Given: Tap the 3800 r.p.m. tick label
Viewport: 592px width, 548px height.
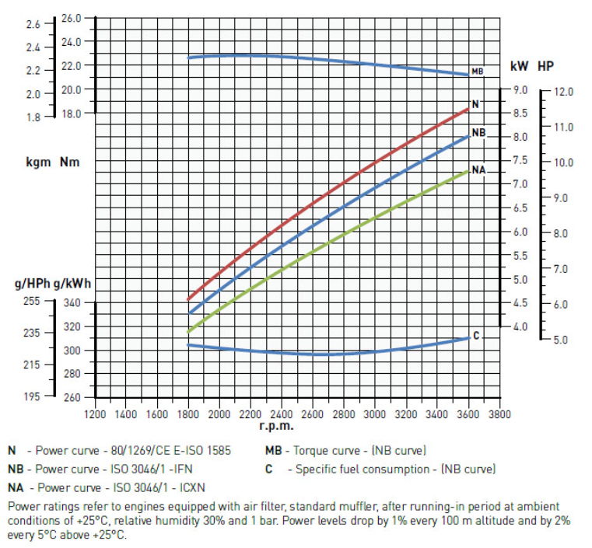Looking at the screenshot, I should click(x=499, y=414).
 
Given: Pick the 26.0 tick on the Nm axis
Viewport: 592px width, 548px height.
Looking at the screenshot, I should click(x=72, y=18).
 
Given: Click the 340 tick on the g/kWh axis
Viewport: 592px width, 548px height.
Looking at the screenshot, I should click(x=72, y=303).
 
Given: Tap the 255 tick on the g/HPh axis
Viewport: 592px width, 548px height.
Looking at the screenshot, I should click(x=33, y=301).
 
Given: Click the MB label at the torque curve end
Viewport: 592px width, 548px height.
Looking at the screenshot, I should click(x=478, y=72).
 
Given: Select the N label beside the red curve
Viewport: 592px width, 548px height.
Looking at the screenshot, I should click(x=475, y=104).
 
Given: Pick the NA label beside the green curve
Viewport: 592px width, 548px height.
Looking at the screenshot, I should click(x=478, y=169).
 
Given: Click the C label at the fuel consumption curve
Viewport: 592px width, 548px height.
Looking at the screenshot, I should click(x=476, y=336).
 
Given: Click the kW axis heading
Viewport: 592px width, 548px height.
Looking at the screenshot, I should click(x=519, y=67).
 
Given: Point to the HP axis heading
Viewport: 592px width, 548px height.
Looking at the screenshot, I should click(x=546, y=67).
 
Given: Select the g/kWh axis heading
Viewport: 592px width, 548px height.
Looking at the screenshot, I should click(x=82, y=284).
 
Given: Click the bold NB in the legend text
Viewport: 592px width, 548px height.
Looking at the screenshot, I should click(x=15, y=469).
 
